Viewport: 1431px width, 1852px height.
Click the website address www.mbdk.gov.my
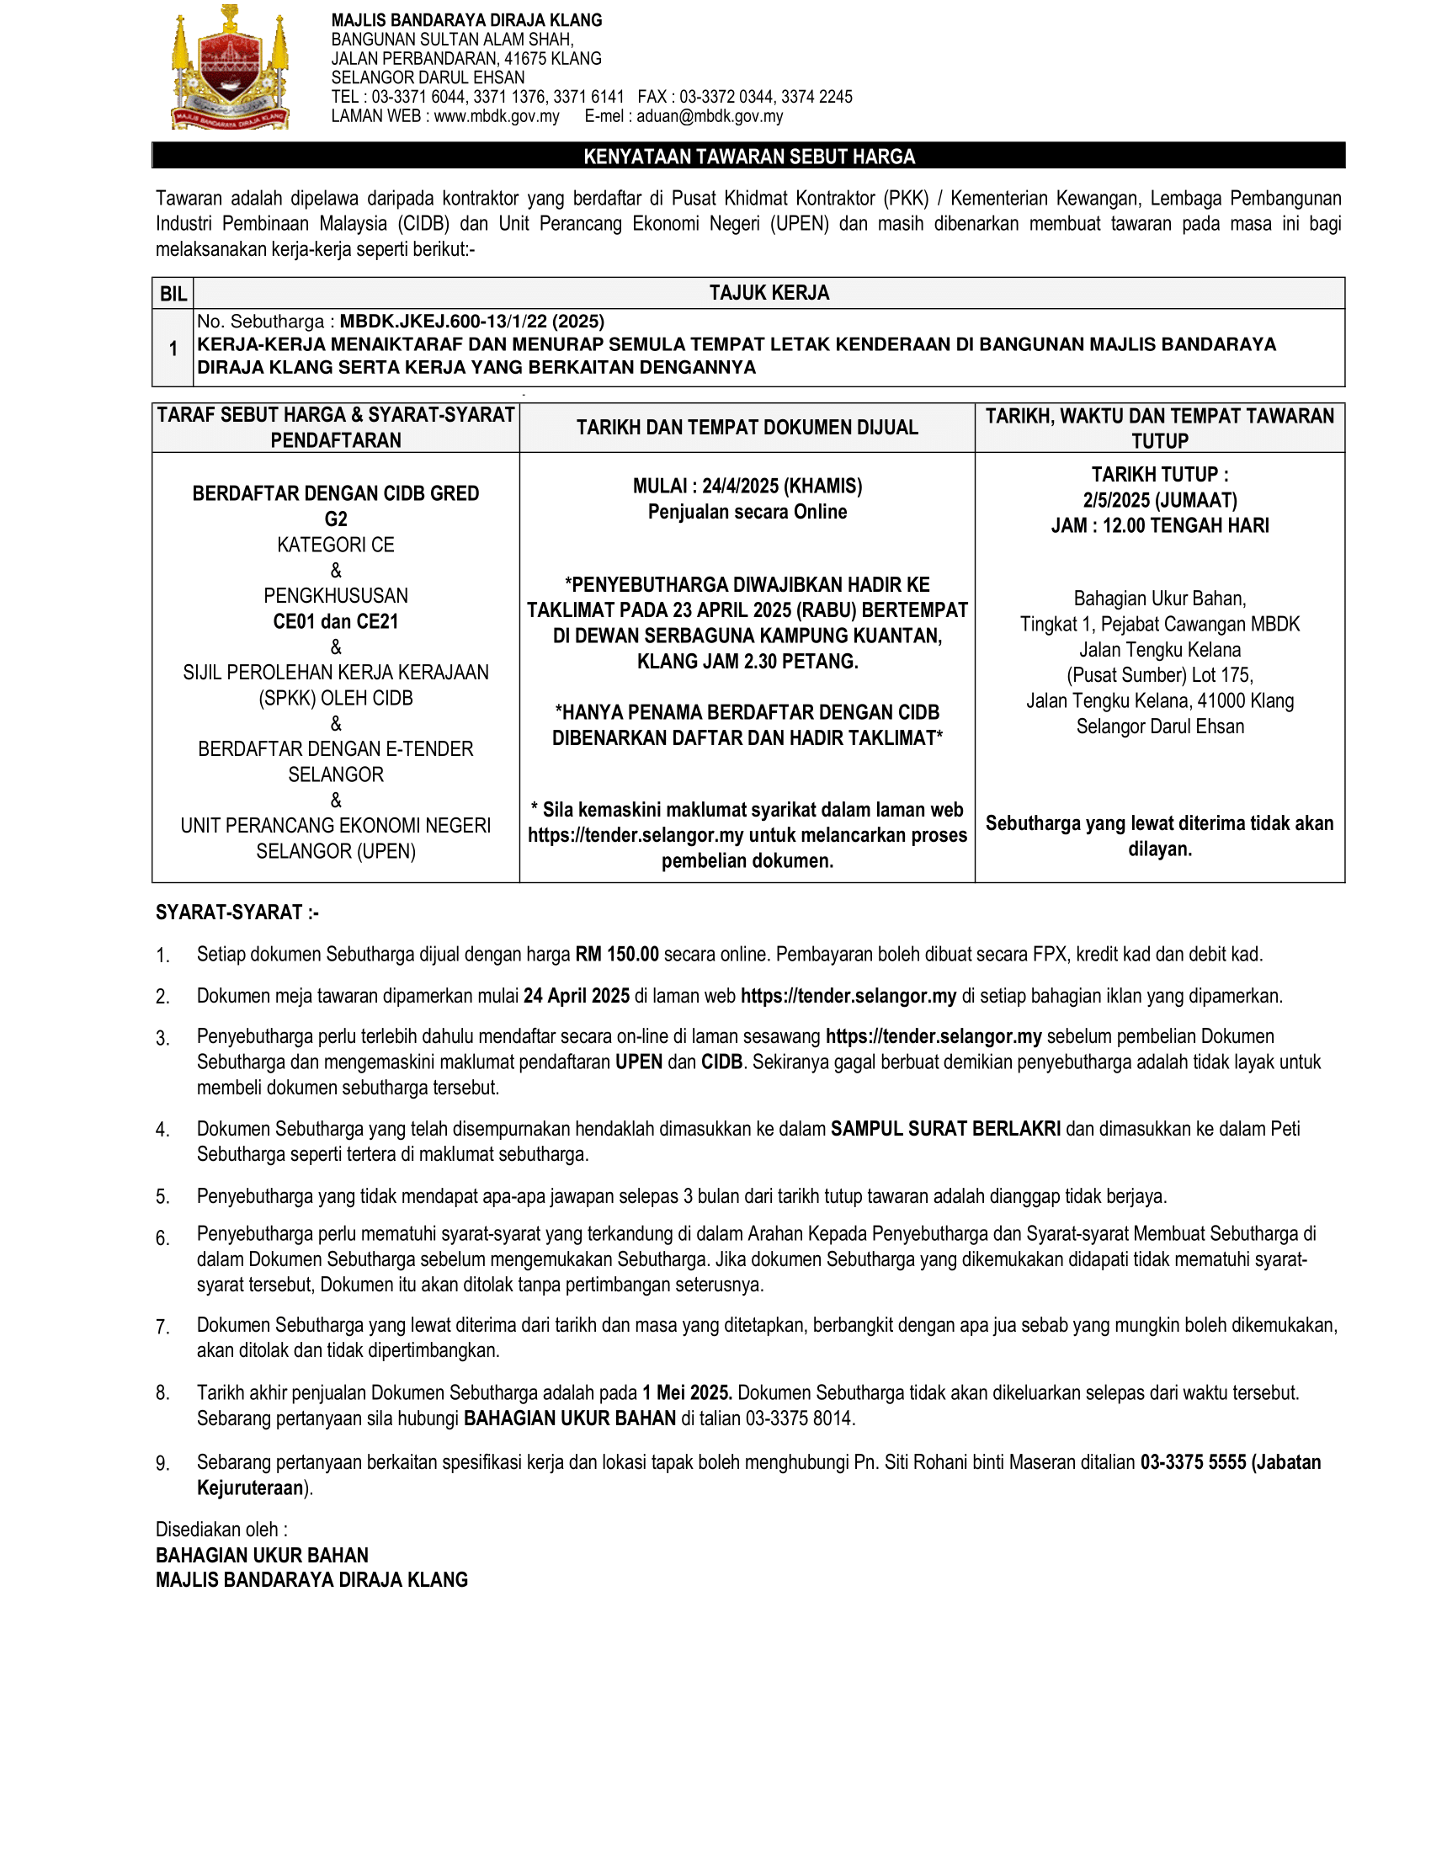pyautogui.click(x=496, y=116)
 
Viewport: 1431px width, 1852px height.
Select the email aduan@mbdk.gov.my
pyautogui.click(x=710, y=116)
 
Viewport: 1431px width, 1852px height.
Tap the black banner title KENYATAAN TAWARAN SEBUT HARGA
pyautogui.click(x=748, y=157)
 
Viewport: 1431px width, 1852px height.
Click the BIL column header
pyautogui.click(x=173, y=295)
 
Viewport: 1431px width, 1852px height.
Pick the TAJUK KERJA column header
pyautogui.click(x=769, y=294)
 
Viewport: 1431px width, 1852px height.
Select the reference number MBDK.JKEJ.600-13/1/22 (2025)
pyautogui.click(x=472, y=322)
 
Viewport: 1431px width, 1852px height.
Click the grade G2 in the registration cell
pyautogui.click(x=336, y=519)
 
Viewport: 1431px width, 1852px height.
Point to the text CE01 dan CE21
pyautogui.click(x=336, y=621)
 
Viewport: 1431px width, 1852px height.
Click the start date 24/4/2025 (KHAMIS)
pyautogui.click(x=782, y=486)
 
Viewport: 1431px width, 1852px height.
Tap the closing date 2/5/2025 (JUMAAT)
pyautogui.click(x=1160, y=500)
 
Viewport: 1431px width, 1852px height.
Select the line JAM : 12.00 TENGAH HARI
pyautogui.click(x=1160, y=526)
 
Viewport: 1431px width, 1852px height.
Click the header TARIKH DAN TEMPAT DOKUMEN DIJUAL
pyautogui.click(x=747, y=428)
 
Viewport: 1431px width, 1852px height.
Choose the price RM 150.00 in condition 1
pyautogui.click(x=616, y=954)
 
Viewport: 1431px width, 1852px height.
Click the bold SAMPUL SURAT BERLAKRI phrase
pyautogui.click(x=945, y=1129)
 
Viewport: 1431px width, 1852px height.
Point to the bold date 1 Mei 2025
pyautogui.click(x=687, y=1392)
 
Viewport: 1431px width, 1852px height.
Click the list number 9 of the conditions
pyautogui.click(x=162, y=1464)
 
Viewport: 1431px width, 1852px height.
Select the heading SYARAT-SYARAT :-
pyautogui.click(x=237, y=913)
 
